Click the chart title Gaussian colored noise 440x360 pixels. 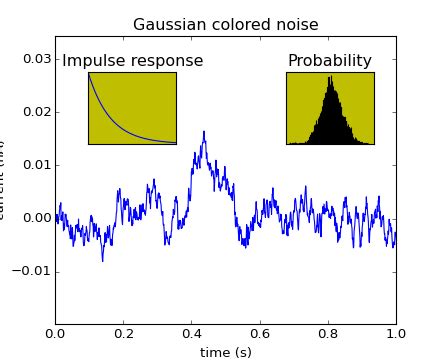225,25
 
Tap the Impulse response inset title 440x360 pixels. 132,61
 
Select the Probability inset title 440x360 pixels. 330,61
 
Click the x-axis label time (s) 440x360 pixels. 225,351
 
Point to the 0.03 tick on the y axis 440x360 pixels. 36,58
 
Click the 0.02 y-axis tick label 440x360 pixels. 36,111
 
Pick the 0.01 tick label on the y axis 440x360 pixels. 36,164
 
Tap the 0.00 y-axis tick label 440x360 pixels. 36,218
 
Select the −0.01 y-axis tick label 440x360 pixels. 32,271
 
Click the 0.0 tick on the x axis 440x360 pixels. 56,333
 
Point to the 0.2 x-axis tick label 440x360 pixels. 124,333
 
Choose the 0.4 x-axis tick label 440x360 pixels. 192,333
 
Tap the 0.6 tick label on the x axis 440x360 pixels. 260,333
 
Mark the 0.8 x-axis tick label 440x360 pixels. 328,333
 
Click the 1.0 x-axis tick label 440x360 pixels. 396,333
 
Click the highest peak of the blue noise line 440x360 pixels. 204,132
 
